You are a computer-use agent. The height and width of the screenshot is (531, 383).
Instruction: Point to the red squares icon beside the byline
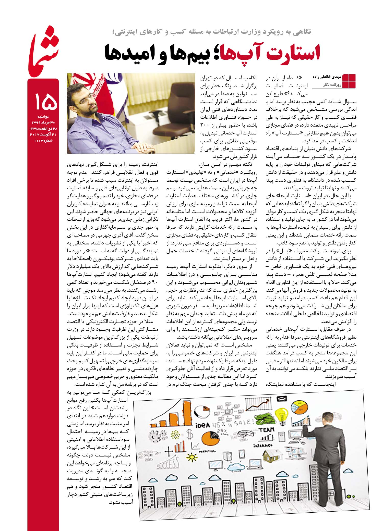pyautogui.click(x=349, y=81)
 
